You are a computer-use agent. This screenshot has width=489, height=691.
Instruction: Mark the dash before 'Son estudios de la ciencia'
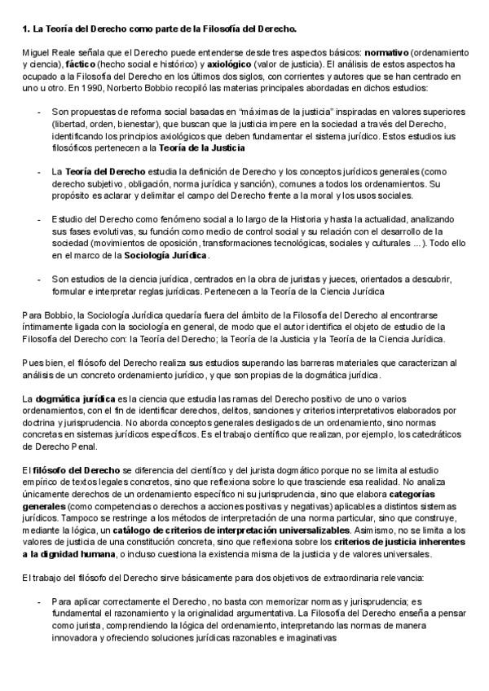tap(39, 278)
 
